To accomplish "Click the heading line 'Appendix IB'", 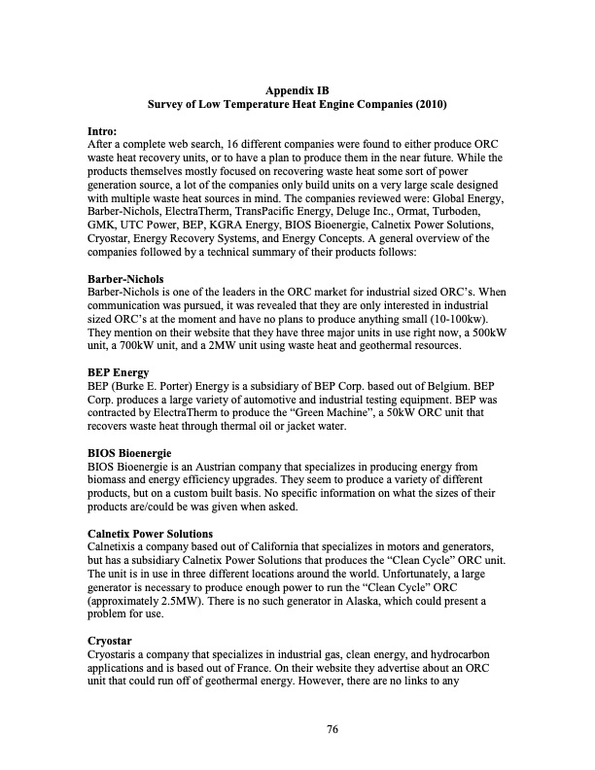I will pos(297,90).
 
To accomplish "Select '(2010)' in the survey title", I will pos(428,105).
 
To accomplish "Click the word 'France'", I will pos(320,671).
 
